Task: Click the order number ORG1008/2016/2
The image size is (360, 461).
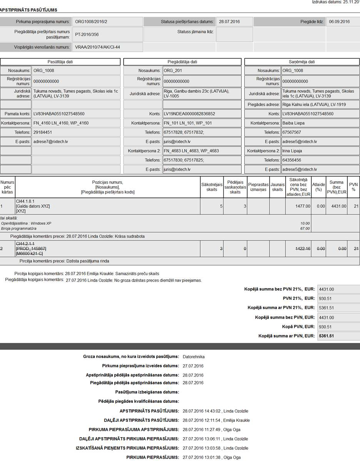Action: point(91,22)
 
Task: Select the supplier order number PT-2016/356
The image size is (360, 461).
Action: point(87,34)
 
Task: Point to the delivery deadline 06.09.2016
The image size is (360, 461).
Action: point(339,22)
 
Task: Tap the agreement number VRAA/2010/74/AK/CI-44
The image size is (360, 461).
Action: point(97,47)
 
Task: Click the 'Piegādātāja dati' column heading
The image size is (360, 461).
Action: point(183,62)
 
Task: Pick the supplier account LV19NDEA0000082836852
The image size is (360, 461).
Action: point(189,114)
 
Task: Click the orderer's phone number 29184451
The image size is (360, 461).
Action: point(43,132)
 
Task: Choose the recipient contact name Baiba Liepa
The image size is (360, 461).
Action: point(293,123)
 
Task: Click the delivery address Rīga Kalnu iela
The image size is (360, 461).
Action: point(314,105)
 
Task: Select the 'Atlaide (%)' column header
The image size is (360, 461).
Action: point(318,187)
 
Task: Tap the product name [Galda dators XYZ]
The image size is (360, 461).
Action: point(33,206)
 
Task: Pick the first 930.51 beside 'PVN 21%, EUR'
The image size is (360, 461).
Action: point(326,298)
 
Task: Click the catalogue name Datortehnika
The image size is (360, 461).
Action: point(194,356)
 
